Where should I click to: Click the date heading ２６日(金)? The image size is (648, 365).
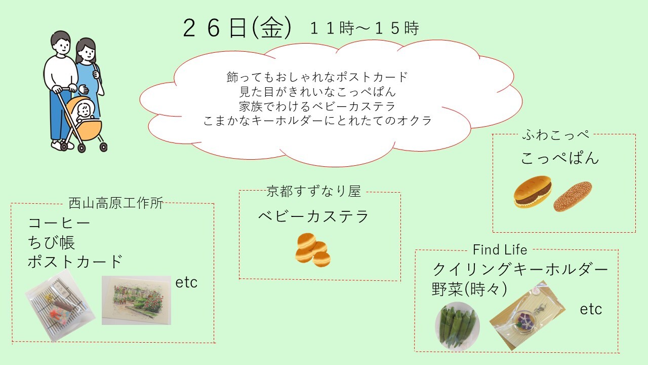237,28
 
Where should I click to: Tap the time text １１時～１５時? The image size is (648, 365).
364,28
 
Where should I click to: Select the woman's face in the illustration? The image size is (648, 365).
87,53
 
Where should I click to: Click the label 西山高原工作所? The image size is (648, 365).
116,203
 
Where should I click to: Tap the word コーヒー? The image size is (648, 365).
59,223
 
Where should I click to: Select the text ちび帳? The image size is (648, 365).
52,242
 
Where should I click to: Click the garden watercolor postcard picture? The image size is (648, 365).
136,300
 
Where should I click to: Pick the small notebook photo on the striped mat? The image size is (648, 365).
60,306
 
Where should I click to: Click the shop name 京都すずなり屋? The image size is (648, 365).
313,191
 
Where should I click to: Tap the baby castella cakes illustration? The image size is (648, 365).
313,250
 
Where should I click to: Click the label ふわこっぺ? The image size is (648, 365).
556,135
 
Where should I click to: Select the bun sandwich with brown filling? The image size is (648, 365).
533,192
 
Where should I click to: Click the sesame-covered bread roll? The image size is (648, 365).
573,196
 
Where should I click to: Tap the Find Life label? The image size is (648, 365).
500,250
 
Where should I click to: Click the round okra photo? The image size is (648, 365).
457,326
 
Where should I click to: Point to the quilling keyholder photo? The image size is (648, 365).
527,315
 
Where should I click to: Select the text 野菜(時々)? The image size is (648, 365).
469,289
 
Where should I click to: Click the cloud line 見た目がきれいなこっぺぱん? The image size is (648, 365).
317,92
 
